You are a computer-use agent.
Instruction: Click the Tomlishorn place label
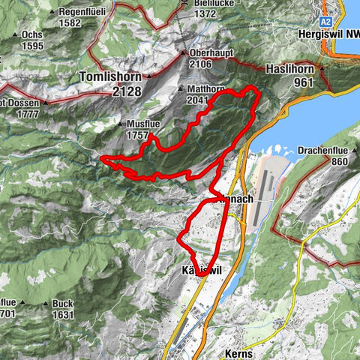110,76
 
